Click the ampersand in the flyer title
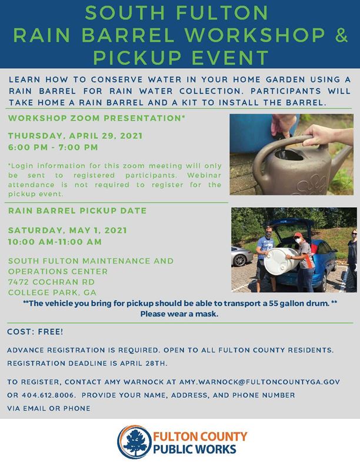(342, 35)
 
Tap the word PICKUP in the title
(137, 57)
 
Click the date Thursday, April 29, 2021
(75, 136)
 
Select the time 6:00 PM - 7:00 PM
(53, 147)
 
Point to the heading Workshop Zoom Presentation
(96, 118)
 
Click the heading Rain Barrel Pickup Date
(77, 211)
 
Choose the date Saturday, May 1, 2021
(68, 230)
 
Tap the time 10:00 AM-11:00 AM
(55, 242)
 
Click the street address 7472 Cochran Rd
(51, 282)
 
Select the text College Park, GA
(52, 292)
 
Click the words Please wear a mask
(179, 314)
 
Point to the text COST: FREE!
(35, 332)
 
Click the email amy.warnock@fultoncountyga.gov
(259, 382)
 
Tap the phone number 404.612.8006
(48, 395)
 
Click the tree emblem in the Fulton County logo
(135, 442)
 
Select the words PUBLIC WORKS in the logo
(195, 449)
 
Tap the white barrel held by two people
(281, 261)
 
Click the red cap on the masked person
(298, 235)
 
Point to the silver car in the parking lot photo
(242, 255)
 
